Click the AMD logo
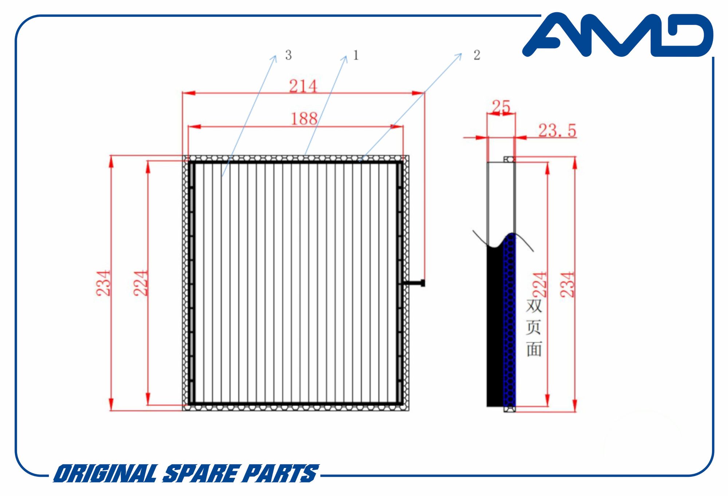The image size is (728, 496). pyautogui.click(x=617, y=35)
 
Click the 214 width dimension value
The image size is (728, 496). pyautogui.click(x=303, y=86)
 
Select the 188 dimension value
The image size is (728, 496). pyautogui.click(x=304, y=119)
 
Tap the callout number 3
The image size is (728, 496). pyautogui.click(x=288, y=55)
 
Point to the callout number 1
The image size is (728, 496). pyautogui.click(x=356, y=55)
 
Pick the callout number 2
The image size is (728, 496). pyautogui.click(x=477, y=55)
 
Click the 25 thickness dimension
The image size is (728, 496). pyautogui.click(x=501, y=107)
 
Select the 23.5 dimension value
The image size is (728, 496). pyautogui.click(x=557, y=130)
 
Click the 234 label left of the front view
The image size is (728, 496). pyautogui.click(x=103, y=283)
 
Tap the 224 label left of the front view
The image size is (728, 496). pyautogui.click(x=141, y=283)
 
